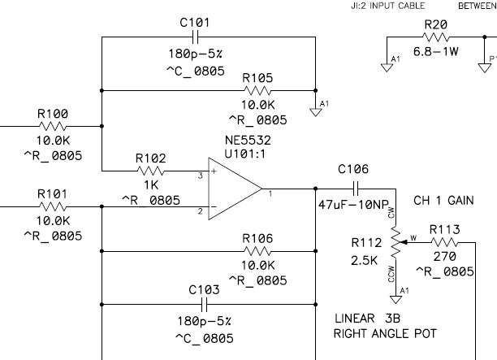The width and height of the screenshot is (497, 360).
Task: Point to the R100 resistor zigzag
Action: coord(54,126)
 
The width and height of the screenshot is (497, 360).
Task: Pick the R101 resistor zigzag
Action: coord(54,207)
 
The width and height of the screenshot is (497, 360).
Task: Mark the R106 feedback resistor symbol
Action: coord(257,252)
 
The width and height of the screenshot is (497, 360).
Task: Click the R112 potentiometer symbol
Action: coord(395,241)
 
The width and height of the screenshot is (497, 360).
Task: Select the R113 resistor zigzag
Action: coord(444,241)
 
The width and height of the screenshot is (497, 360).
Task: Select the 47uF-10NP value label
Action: coord(353,205)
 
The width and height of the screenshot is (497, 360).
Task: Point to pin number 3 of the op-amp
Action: coord(200,174)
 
